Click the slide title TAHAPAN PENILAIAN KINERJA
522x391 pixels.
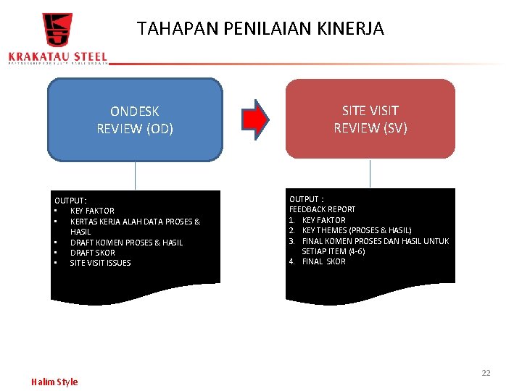pos(260,29)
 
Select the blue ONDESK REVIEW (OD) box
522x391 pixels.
pos(135,119)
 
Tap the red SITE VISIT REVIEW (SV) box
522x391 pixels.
pos(370,119)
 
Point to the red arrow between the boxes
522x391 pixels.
pos(254,119)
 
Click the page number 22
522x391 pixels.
pos(486,373)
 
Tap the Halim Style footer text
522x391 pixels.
pos(54,382)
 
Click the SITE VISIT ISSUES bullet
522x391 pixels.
pos(100,263)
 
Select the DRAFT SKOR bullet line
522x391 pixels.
pos(92,253)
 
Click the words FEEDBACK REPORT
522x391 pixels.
pos(323,209)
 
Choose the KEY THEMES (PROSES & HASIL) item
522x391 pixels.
pos(356,230)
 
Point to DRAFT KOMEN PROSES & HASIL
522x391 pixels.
pos(126,243)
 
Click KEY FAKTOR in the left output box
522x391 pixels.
pos(92,211)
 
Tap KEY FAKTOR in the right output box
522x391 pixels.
pos(323,220)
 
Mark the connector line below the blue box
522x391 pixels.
pos(135,175)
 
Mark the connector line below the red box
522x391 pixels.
pos(370,174)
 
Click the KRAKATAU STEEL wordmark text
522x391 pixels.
pos(57,56)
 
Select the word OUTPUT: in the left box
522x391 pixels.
pos(70,200)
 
